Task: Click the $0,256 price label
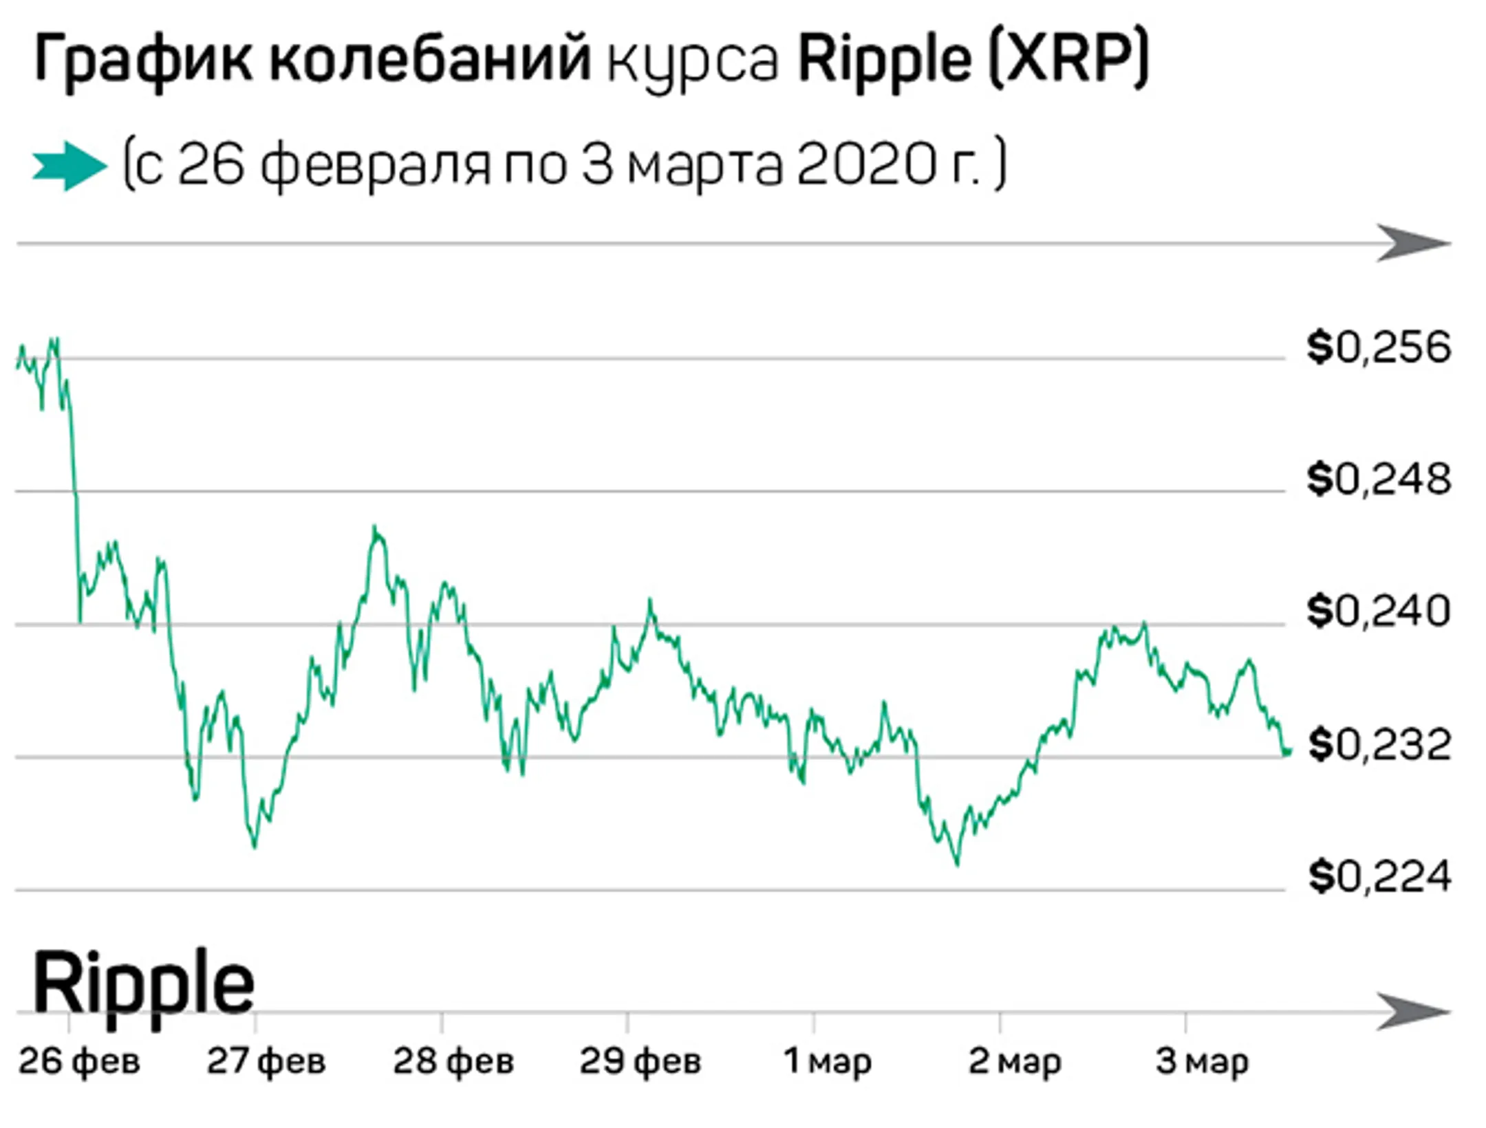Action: tap(1379, 348)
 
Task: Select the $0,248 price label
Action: tap(1379, 479)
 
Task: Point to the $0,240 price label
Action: tap(1379, 611)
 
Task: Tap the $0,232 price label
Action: tap(1379, 745)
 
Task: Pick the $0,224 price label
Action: tap(1379, 877)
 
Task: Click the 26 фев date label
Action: tap(79, 1061)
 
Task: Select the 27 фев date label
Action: tap(266, 1061)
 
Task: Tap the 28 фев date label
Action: tap(453, 1061)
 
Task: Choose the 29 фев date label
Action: tap(640, 1061)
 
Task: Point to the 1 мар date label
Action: tap(828, 1061)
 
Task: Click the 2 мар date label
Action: tap(1015, 1061)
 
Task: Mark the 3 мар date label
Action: tap(1202, 1061)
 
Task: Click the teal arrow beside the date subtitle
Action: tap(69, 166)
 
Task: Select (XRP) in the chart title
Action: tap(1068, 61)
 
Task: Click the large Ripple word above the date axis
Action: tap(143, 985)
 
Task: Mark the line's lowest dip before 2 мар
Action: tap(957, 863)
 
